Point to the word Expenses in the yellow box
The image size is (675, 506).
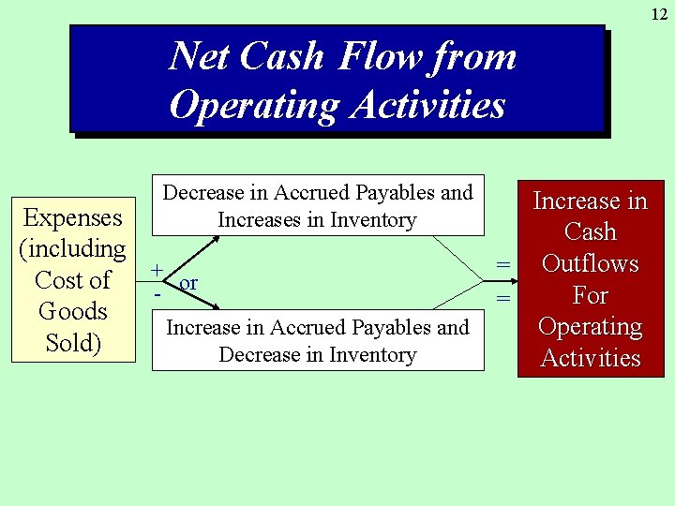tap(73, 217)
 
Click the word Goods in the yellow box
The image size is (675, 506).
tap(73, 311)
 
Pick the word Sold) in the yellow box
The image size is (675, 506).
tap(73, 343)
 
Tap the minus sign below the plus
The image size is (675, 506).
tap(157, 293)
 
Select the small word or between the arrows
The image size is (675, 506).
tap(188, 283)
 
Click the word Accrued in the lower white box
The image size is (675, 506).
tap(307, 328)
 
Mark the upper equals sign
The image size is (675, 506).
tap(503, 266)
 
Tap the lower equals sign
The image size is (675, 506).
tap(503, 299)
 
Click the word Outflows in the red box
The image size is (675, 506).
tap(591, 263)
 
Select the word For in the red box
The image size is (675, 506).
tap(591, 295)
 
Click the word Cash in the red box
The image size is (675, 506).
tap(591, 232)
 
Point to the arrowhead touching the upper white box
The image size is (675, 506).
tap(217, 238)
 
